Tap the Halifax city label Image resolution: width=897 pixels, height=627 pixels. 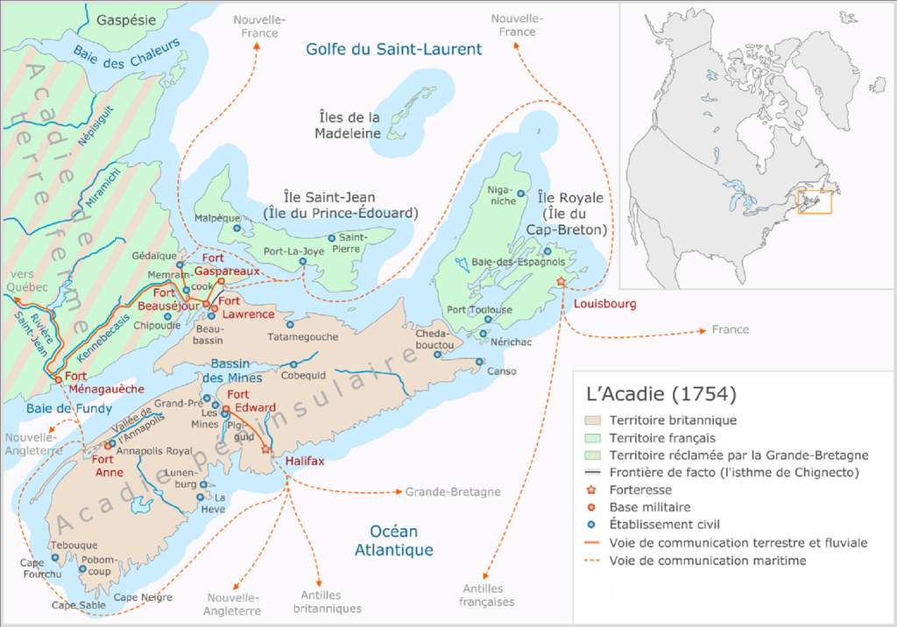click(305, 461)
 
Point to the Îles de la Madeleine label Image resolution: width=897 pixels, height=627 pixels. click(349, 125)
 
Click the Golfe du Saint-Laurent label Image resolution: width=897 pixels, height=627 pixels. click(393, 50)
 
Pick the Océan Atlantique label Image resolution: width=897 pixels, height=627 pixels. click(394, 540)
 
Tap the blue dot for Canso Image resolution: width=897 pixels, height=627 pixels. click(478, 361)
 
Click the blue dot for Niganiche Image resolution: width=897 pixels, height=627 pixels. click(520, 194)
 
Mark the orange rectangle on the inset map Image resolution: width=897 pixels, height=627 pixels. click(814, 201)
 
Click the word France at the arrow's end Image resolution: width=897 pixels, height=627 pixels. click(731, 330)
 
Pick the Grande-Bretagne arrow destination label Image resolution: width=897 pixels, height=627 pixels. click(453, 492)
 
